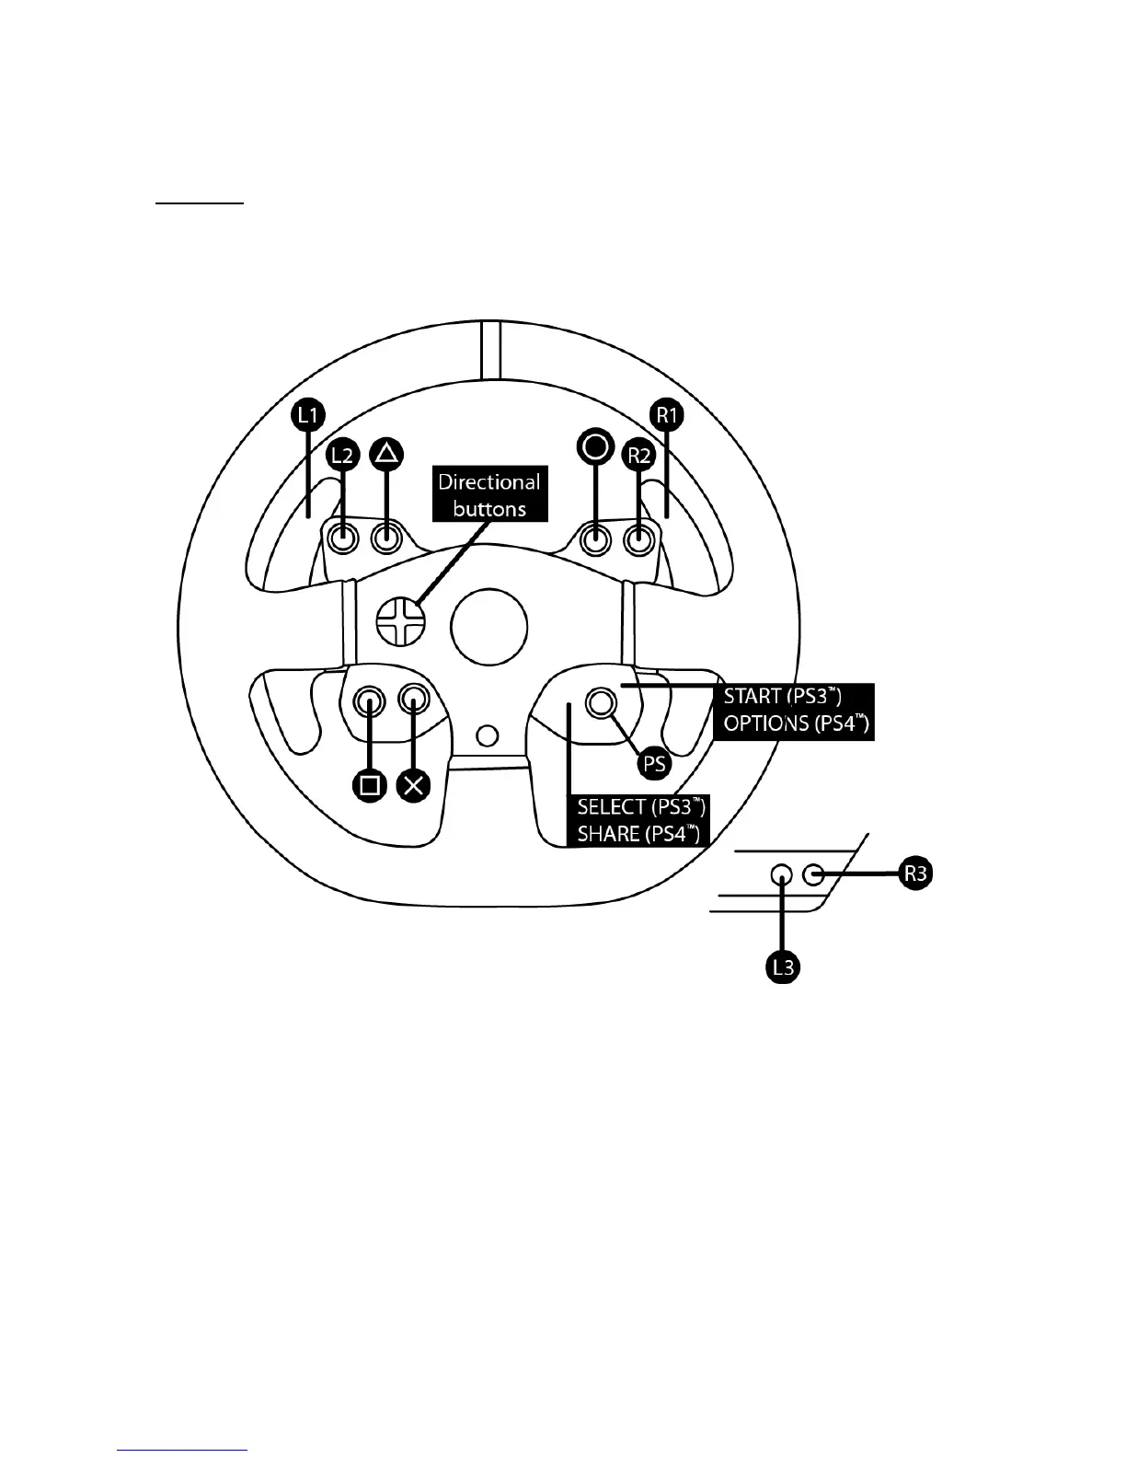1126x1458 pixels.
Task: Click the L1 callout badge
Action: pos(308,416)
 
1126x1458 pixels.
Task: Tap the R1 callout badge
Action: pos(666,415)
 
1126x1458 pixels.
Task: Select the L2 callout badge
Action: pos(342,455)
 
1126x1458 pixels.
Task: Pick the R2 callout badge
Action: pos(638,455)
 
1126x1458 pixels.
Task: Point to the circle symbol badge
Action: pos(595,446)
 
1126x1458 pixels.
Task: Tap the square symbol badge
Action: pos(370,785)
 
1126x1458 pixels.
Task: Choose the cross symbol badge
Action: pos(414,785)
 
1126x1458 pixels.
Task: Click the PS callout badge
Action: pos(655,763)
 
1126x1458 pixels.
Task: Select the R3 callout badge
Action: pos(915,874)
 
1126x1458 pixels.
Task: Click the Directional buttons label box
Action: pos(489,495)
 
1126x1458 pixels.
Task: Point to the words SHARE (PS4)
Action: pos(638,834)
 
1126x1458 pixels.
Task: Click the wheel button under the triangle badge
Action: pos(387,538)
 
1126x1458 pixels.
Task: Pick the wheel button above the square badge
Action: pos(370,701)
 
